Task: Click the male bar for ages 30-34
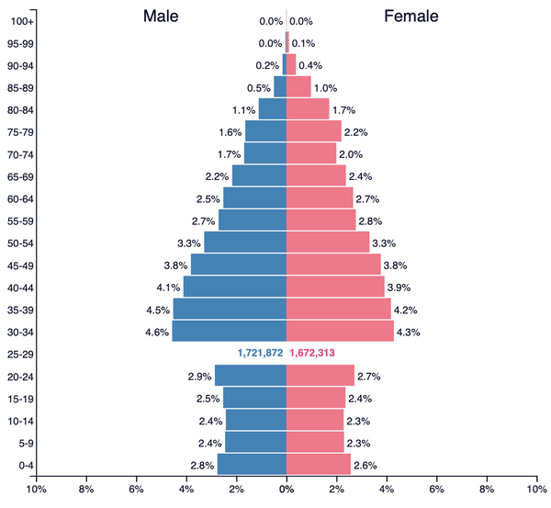tap(229, 331)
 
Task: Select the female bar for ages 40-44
tap(335, 287)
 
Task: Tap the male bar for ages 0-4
tap(252, 465)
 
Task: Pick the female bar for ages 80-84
tap(308, 109)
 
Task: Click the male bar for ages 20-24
tap(250, 376)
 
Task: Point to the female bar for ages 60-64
tap(320, 198)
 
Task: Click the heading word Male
tap(161, 17)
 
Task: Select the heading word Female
tap(410, 17)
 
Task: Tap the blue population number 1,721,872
tap(260, 354)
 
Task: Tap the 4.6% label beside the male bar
tap(156, 332)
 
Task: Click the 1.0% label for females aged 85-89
tap(325, 88)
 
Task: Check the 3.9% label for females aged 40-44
tap(399, 288)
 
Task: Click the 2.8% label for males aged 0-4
tap(202, 465)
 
